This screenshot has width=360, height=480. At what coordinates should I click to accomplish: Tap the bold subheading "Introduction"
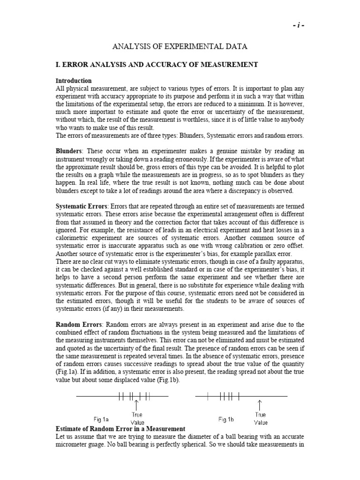pos(74,81)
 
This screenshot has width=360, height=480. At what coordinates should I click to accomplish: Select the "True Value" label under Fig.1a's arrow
pos(137,419)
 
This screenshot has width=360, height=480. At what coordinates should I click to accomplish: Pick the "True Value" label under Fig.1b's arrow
pos(261,418)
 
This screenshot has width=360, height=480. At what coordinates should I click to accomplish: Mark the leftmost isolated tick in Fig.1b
pos(207,397)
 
